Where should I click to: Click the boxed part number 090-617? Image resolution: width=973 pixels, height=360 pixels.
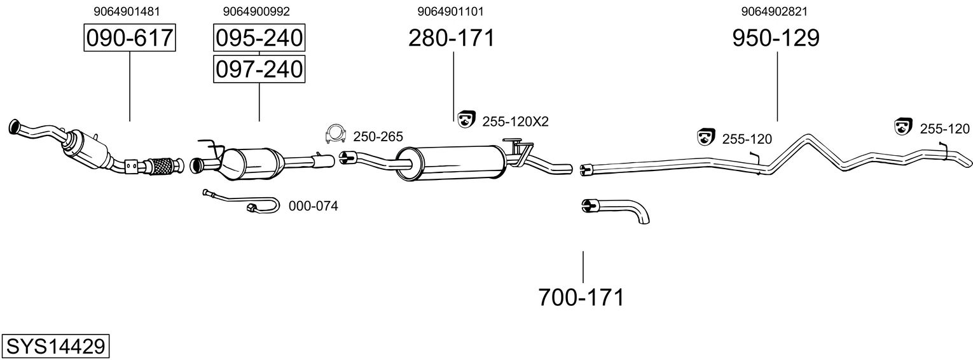(130, 38)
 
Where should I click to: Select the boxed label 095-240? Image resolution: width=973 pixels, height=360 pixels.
(259, 38)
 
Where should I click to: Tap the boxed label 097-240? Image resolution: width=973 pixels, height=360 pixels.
(259, 69)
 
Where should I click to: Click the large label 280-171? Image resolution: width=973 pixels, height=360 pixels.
(451, 38)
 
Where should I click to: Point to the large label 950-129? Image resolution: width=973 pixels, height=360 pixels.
(776, 38)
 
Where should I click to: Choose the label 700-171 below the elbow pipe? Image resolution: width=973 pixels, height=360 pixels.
(581, 297)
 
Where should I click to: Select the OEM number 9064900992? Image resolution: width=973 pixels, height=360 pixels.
(256, 11)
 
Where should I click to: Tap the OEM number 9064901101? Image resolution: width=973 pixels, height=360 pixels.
(451, 11)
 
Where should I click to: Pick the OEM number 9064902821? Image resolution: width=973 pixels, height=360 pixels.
(775, 11)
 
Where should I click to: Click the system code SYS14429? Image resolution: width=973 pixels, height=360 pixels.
(55, 347)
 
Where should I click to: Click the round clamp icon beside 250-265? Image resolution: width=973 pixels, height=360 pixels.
(335, 134)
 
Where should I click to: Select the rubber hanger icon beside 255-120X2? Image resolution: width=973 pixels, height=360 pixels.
(466, 119)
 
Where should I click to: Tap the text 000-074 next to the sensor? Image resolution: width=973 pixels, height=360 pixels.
(313, 206)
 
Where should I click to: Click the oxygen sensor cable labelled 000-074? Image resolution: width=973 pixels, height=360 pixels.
(248, 204)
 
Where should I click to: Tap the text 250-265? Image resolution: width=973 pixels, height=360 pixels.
(378, 136)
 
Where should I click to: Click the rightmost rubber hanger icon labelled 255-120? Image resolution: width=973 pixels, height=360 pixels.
(903, 127)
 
